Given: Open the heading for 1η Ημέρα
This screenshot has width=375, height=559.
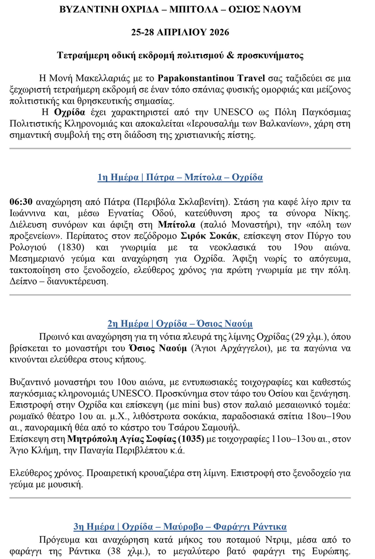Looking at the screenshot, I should [180, 177].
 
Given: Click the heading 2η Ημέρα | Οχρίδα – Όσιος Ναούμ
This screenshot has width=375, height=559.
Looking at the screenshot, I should [180, 324].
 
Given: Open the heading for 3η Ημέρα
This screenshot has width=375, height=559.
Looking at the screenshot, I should [180, 527].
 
